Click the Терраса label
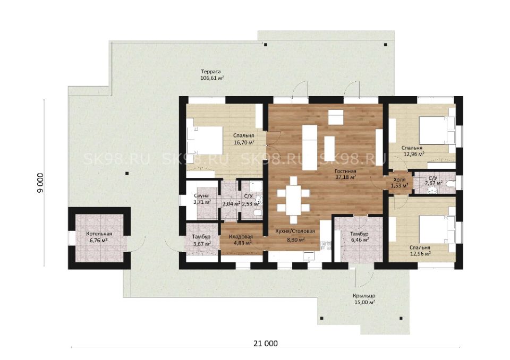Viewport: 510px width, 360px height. click(211, 72)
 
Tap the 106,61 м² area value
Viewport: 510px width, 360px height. click(212, 78)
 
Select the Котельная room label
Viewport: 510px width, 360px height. click(99, 234)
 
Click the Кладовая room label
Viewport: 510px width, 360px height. click(241, 237)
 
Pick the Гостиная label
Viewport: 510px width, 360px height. click(345, 171)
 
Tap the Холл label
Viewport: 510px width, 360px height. click(399, 179)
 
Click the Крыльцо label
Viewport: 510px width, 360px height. click(364, 296)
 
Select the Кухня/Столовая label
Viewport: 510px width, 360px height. click(295, 231)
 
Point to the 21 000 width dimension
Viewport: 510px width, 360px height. click(266, 344)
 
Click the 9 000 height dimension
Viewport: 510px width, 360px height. click(40, 183)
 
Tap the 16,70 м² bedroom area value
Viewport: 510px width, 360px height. click(244, 142)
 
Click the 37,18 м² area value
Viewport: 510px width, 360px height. click(345, 177)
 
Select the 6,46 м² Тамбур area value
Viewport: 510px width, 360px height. click(360, 240)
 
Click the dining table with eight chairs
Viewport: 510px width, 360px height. click(294, 200)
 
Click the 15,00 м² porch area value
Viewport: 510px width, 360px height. click(364, 303)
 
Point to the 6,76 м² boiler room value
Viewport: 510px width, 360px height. click(99, 241)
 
